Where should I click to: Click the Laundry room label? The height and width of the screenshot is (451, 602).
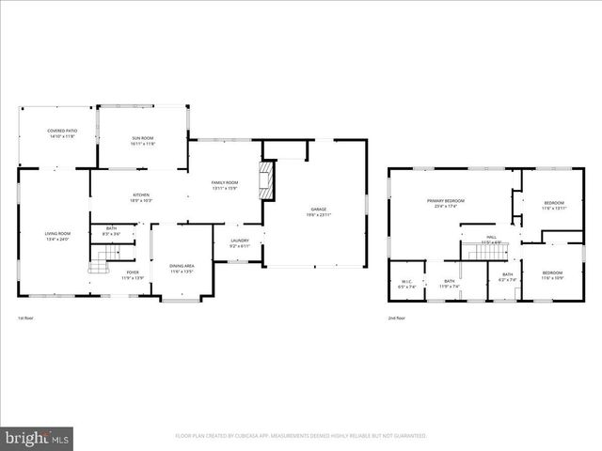pos(239,241)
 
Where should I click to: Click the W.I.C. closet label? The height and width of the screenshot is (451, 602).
pos(406,283)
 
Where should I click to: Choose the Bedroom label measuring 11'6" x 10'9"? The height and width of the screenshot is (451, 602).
pos(553,274)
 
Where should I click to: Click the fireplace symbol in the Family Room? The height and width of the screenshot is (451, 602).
pos(270,179)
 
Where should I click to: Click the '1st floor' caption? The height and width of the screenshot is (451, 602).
pos(25,318)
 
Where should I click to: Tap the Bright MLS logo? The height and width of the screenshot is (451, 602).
pos(38,438)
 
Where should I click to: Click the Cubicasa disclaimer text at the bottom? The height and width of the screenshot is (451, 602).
pos(301,436)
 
